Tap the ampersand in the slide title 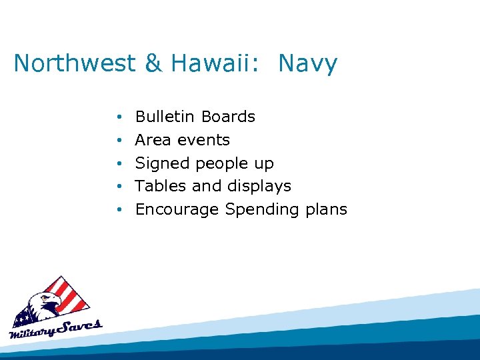coord(153,64)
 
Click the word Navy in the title coord(308,64)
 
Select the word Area coord(153,140)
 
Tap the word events coord(203,140)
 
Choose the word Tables coord(161,186)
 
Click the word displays coord(260,187)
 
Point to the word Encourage coord(177,209)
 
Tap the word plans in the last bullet coord(326,210)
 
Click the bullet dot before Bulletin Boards coord(117,117)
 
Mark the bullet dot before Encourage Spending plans coord(117,210)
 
